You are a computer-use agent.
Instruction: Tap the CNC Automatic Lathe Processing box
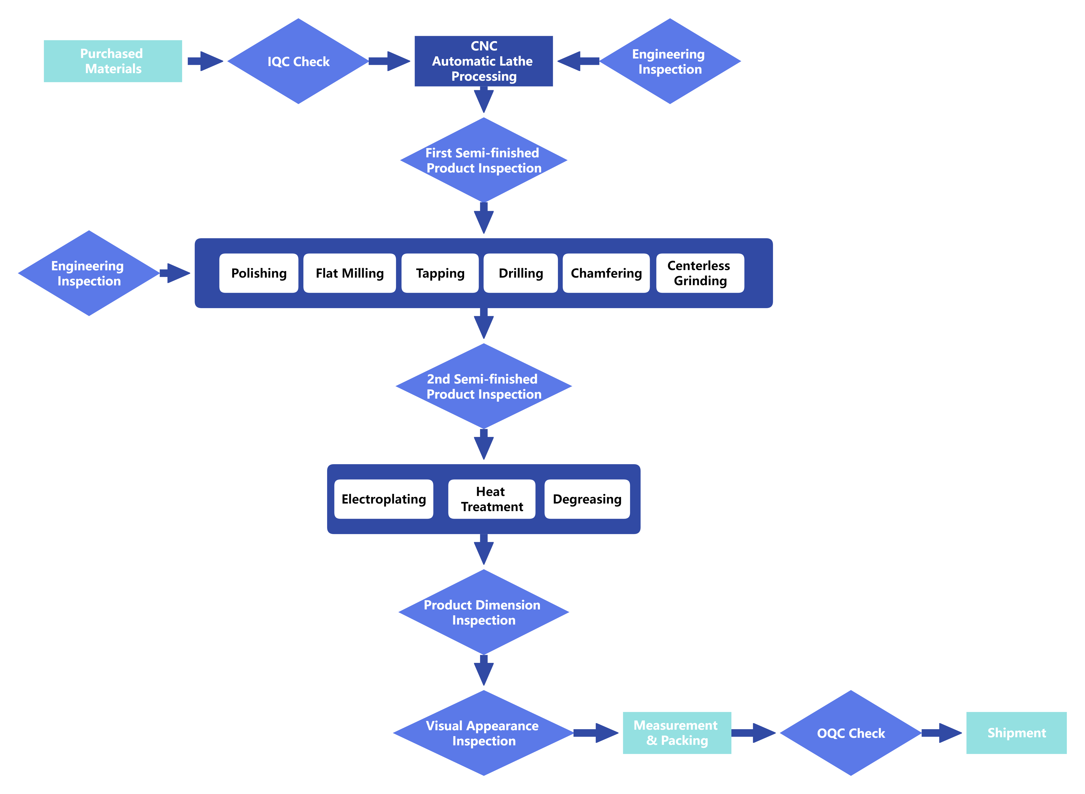[x=484, y=61]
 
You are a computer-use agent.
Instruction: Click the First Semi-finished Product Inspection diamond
[x=484, y=160]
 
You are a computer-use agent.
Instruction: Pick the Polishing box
[x=259, y=273]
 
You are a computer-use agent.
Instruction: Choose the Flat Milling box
[x=350, y=273]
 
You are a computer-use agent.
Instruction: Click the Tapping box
[x=440, y=273]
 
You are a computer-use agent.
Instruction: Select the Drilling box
[x=521, y=273]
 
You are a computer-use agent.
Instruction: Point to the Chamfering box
[x=606, y=273]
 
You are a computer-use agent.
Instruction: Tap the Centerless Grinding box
[x=700, y=273]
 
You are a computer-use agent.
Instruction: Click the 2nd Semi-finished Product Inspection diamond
[x=484, y=386]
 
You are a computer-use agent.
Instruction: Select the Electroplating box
[x=384, y=499]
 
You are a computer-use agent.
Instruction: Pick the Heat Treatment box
[x=491, y=499]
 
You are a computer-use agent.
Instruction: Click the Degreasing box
[x=587, y=499]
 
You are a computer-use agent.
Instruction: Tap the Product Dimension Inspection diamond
[x=484, y=612]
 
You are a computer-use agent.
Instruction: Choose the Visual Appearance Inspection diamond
[x=484, y=733]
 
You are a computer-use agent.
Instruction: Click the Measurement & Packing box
[x=677, y=733]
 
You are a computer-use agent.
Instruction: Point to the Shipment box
[x=1016, y=733]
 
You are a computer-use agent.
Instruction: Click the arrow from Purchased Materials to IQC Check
[x=205, y=61]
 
